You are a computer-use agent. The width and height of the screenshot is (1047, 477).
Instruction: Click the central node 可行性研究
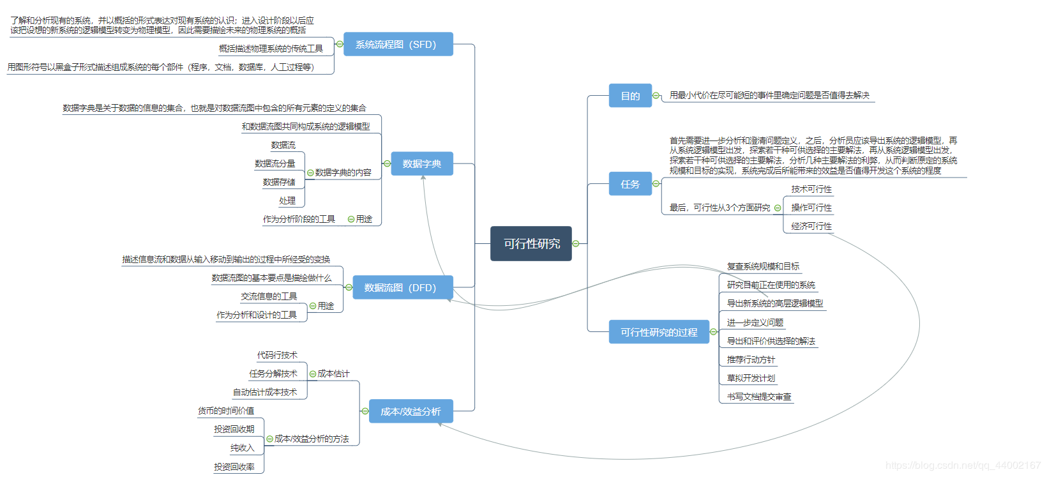click(x=531, y=244)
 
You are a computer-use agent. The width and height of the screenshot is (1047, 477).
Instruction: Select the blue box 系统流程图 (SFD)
click(x=398, y=45)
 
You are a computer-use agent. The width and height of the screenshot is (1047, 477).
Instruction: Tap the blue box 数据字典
click(x=421, y=164)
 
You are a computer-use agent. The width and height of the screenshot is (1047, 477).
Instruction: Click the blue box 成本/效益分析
click(x=411, y=412)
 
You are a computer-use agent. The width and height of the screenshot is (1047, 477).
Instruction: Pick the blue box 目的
click(x=630, y=96)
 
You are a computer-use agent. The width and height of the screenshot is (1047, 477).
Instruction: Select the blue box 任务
click(x=630, y=184)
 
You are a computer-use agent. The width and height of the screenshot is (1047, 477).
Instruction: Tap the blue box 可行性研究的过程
click(x=659, y=332)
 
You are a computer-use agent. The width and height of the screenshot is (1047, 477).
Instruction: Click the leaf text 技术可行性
click(x=811, y=189)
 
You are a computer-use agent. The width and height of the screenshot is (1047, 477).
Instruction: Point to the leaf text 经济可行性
click(x=811, y=226)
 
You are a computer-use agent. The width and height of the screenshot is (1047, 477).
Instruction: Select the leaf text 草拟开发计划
click(x=751, y=378)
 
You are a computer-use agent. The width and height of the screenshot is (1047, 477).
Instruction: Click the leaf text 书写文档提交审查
click(x=759, y=397)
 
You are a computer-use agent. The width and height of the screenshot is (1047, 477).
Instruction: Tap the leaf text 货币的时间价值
click(x=226, y=411)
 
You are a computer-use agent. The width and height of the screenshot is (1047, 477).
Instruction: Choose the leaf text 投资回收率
click(x=234, y=467)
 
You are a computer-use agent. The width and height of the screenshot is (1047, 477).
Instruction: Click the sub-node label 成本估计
click(x=333, y=374)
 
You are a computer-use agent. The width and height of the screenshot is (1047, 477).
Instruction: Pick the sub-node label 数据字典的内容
click(x=343, y=172)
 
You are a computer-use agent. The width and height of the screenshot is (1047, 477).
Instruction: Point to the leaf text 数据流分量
click(x=275, y=163)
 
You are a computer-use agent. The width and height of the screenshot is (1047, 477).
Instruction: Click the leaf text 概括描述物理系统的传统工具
click(x=271, y=49)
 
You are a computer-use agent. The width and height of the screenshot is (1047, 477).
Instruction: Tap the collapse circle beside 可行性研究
click(x=576, y=243)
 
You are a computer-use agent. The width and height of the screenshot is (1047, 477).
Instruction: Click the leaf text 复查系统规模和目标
click(x=763, y=266)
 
